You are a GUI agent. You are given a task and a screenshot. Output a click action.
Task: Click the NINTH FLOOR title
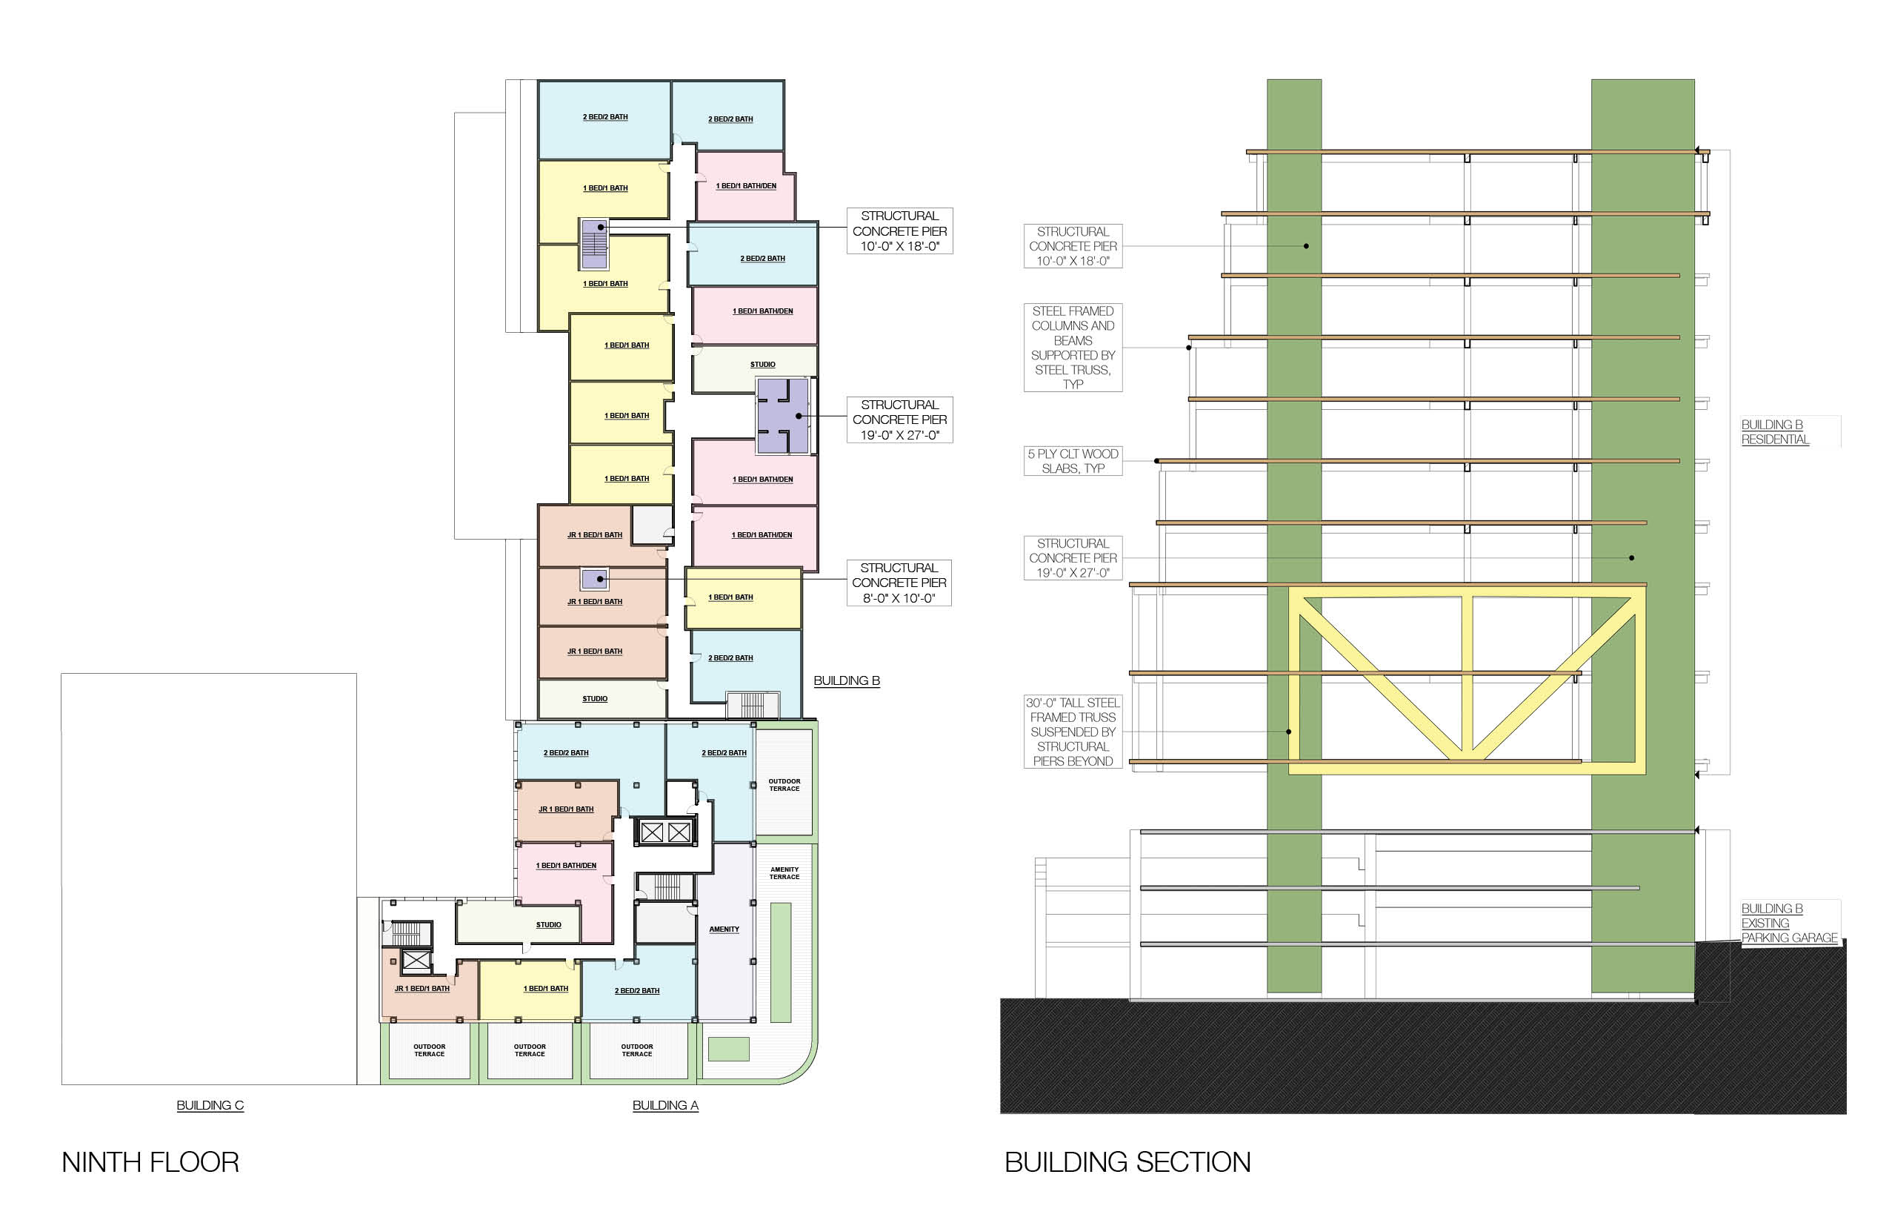click(150, 1162)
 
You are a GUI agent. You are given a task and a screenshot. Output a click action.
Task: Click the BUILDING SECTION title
click(1127, 1162)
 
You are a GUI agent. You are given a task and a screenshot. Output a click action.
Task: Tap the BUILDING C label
click(210, 1104)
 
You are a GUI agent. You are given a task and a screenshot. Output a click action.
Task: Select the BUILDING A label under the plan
click(665, 1104)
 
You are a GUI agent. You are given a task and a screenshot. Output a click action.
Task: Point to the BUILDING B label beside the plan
click(846, 680)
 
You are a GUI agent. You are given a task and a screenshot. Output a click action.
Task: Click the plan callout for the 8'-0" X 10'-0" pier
click(899, 583)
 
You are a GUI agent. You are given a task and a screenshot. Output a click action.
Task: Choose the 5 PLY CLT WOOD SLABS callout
click(1073, 461)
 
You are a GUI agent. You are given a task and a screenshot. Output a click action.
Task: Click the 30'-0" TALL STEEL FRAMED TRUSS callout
click(1073, 732)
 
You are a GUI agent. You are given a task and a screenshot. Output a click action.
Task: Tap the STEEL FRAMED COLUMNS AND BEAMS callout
click(1073, 347)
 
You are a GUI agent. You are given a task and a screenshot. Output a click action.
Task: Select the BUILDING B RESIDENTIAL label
click(1775, 432)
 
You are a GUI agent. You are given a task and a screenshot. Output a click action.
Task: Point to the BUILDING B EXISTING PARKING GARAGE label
click(1788, 923)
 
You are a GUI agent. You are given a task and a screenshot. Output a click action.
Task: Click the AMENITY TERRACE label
click(784, 873)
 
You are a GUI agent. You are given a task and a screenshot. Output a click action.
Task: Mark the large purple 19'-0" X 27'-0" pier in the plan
click(782, 416)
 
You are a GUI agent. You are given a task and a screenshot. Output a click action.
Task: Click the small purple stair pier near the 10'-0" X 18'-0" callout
click(594, 244)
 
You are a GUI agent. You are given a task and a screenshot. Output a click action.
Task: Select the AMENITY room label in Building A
click(724, 929)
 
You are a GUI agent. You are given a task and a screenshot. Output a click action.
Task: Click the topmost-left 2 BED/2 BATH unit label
click(604, 118)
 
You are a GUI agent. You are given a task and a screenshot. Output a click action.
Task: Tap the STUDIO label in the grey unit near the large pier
click(763, 365)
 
